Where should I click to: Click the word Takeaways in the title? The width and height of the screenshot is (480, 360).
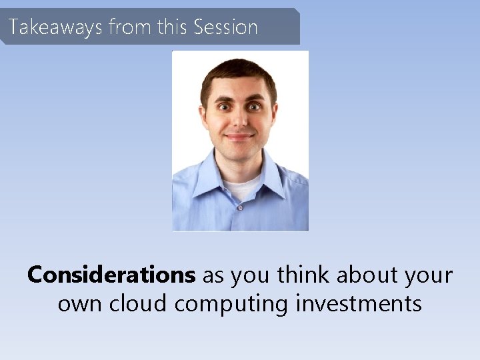56,27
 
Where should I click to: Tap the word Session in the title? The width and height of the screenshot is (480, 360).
225,27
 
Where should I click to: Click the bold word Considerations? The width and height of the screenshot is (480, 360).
111,275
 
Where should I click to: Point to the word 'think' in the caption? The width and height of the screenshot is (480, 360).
306,275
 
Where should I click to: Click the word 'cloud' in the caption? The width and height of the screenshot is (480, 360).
139,303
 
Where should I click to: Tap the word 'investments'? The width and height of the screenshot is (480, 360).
359,303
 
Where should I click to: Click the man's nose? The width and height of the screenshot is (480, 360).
239,121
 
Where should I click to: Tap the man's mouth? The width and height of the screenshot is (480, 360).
239,137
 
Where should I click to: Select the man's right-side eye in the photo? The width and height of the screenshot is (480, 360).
254,106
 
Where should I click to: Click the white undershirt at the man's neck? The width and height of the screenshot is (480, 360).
240,187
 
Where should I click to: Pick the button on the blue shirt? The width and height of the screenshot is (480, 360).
240,207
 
